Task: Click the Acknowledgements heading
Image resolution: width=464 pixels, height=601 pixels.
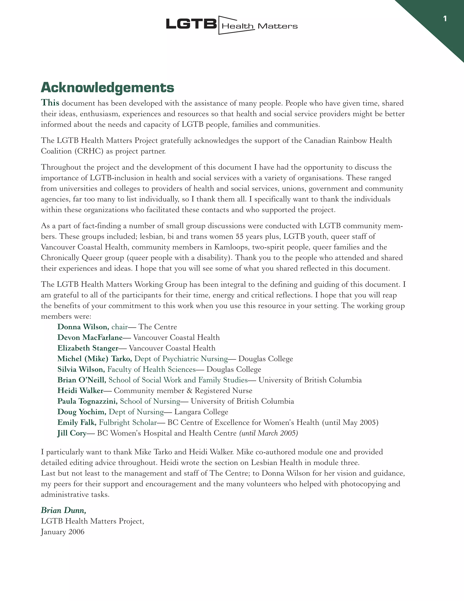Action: click(107, 88)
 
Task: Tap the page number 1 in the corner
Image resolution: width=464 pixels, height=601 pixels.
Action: click(445, 19)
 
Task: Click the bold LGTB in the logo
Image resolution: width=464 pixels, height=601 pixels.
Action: click(191, 24)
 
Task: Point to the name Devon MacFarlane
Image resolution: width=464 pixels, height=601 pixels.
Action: click(90, 338)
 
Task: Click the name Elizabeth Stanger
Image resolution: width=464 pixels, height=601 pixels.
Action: click(88, 348)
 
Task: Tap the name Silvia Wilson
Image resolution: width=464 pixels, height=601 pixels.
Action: click(81, 369)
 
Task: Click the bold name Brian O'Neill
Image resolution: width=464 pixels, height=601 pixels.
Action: click(82, 380)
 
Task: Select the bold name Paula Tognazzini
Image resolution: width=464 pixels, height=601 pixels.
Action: click(87, 401)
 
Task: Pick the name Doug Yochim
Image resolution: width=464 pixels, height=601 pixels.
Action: click(82, 412)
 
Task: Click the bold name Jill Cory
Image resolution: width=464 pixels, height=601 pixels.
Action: click(72, 433)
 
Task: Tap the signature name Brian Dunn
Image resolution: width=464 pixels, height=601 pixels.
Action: click(63, 511)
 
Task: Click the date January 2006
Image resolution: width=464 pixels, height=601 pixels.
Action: click(63, 532)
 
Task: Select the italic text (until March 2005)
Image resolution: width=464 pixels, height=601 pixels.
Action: click(268, 433)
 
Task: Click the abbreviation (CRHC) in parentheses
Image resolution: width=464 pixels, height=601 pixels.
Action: click(89, 151)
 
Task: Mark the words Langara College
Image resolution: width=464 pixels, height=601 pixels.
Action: click(201, 412)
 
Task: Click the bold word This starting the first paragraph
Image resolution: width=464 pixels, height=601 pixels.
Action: click(50, 103)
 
